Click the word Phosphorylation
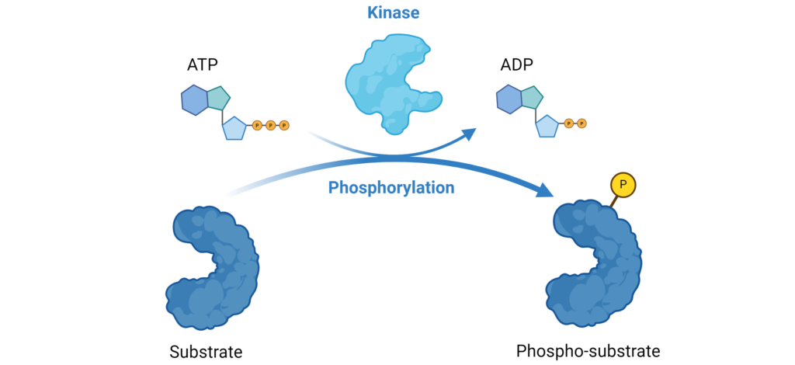click(391, 187)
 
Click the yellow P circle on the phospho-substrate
click(623, 184)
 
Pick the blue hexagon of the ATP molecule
click(194, 100)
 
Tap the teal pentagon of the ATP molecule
click(217, 97)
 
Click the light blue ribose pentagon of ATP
click(234, 127)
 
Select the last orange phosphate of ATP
click(283, 124)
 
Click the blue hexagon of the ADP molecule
click(509, 100)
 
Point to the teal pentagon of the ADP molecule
click(532, 97)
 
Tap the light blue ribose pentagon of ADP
click(547, 125)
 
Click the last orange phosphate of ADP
click(581, 123)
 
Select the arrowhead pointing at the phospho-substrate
click(547, 192)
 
